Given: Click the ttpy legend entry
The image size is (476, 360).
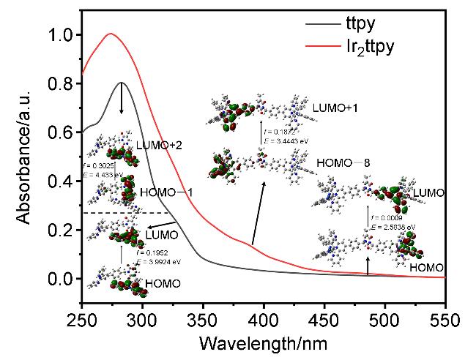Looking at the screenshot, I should coord(349,22).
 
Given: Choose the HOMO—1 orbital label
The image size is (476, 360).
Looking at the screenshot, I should coord(164,193).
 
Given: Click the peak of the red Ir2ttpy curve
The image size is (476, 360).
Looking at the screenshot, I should coord(111,34).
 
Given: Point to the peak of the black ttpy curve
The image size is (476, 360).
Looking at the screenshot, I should coord(122,83).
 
